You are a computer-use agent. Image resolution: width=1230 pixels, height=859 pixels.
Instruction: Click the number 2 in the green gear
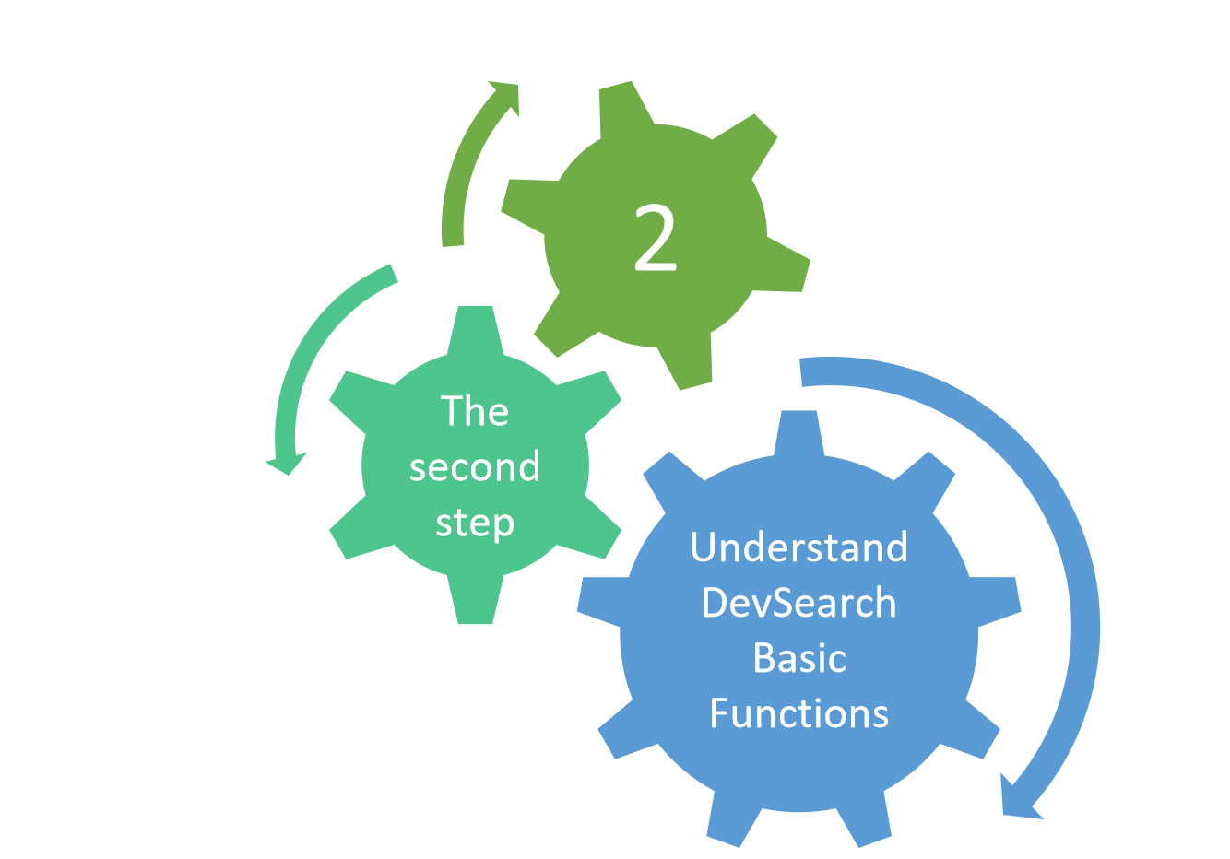point(655,237)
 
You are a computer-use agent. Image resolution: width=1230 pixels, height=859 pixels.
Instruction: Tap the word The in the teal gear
point(475,410)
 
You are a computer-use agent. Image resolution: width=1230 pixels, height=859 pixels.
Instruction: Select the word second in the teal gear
point(475,467)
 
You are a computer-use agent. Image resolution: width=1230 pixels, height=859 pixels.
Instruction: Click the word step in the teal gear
point(475,524)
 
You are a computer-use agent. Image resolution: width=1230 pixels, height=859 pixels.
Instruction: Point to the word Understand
point(799,547)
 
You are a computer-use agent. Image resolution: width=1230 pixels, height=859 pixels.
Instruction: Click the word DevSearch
point(799,602)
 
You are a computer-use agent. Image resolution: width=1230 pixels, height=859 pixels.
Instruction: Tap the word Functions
point(799,713)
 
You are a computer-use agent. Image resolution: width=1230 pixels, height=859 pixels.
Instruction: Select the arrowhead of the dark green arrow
point(506,96)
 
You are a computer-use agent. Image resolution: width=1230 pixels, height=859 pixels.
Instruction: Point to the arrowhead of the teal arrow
point(286,465)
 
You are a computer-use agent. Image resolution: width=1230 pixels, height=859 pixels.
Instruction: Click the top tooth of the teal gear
point(476,328)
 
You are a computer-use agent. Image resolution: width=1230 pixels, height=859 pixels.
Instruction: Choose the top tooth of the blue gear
point(799,432)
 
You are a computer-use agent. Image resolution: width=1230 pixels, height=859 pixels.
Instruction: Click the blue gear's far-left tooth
point(601,601)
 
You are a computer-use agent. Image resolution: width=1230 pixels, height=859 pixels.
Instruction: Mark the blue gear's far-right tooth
point(997,601)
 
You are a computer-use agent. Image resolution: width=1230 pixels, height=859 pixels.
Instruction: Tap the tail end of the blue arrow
point(801,372)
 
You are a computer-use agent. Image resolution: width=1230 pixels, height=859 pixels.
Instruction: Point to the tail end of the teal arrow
point(394,274)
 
